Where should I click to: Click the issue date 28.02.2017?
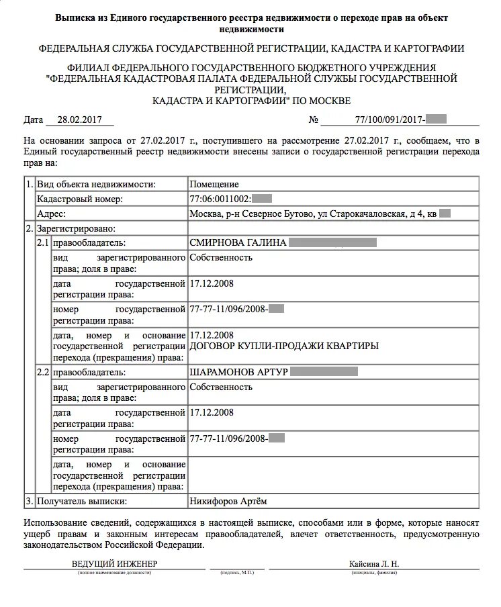click(x=80, y=120)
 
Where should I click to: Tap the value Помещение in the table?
click(x=214, y=184)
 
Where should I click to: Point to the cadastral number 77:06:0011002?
click(x=221, y=199)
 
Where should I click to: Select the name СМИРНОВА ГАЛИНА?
click(x=238, y=242)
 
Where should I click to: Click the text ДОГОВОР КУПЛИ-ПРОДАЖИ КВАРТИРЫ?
click(x=284, y=346)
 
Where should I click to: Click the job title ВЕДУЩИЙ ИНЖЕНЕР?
click(x=114, y=564)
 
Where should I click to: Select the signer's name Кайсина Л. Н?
click(x=374, y=564)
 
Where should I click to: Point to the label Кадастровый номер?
click(x=80, y=199)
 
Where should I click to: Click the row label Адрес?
click(x=52, y=214)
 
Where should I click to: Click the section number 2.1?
click(x=43, y=242)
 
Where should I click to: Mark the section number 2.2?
click(x=43, y=371)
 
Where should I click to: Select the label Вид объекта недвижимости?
click(x=97, y=184)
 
